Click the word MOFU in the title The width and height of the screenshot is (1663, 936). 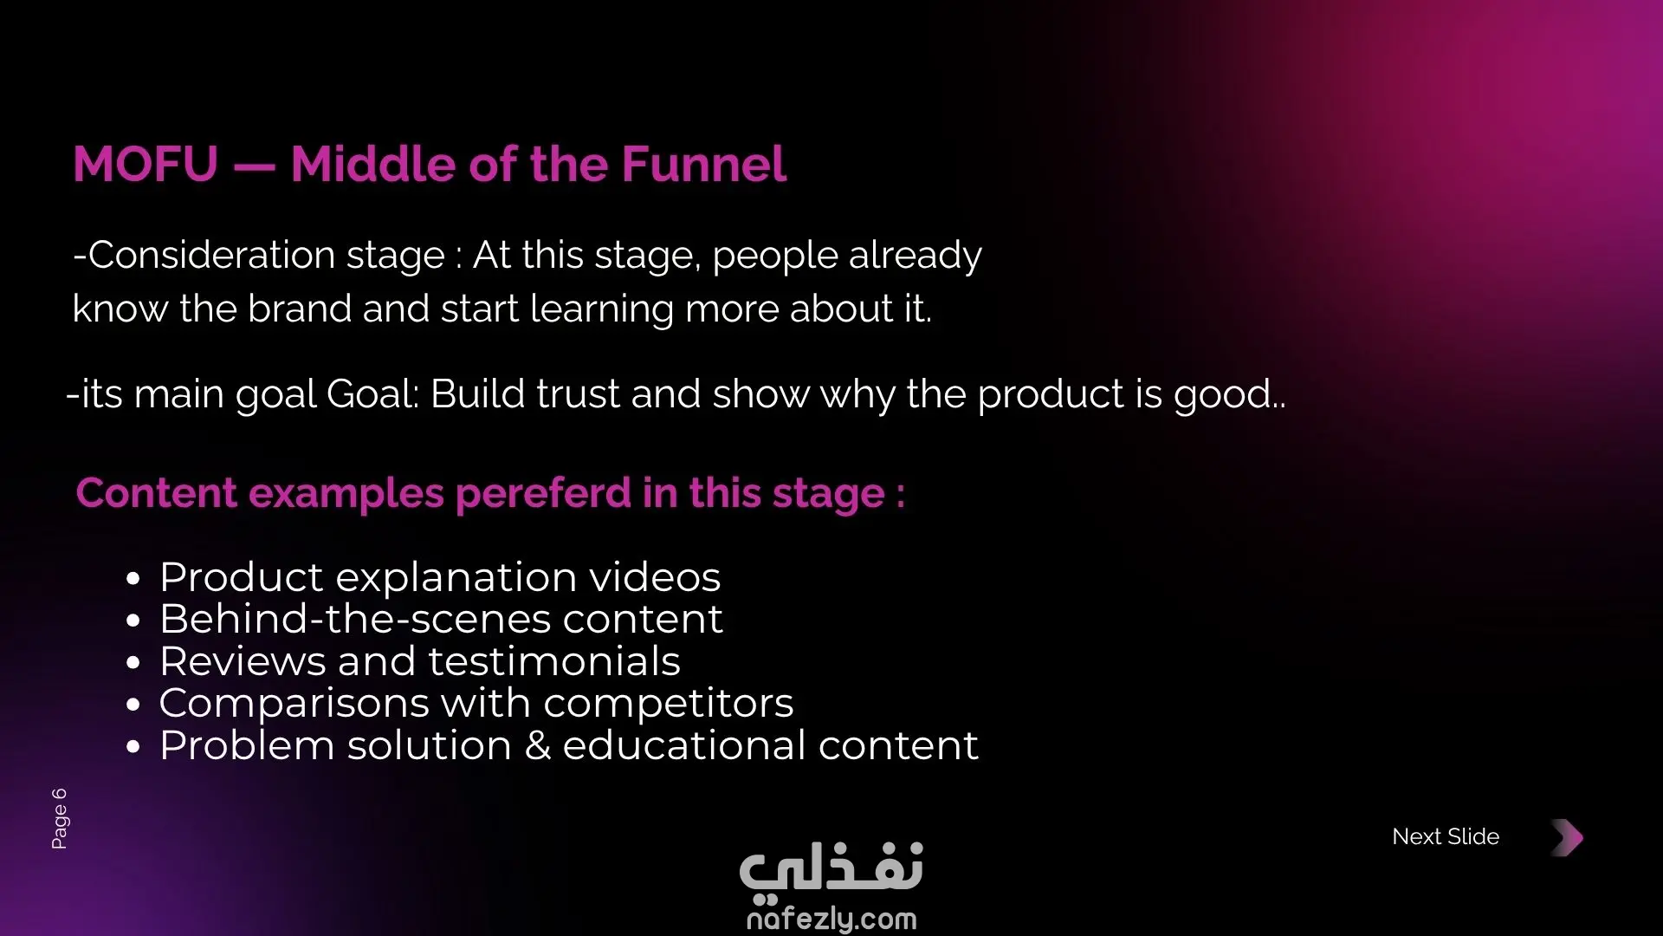click(x=146, y=165)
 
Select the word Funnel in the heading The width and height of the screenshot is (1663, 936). click(x=703, y=164)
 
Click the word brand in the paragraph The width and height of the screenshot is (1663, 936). click(x=300, y=309)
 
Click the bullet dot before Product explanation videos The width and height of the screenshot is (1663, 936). click(x=133, y=579)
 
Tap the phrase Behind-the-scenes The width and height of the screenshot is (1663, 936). click(x=356, y=619)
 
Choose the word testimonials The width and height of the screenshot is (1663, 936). click(x=554, y=661)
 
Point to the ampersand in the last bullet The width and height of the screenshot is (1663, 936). click(x=538, y=745)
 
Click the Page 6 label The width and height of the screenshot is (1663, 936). click(x=59, y=818)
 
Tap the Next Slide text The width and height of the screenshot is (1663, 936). click(x=1446, y=836)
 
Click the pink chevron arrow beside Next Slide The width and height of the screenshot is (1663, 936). click(x=1568, y=837)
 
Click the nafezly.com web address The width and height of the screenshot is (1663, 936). click(x=831, y=919)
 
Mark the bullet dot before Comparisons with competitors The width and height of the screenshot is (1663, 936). click(x=133, y=705)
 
